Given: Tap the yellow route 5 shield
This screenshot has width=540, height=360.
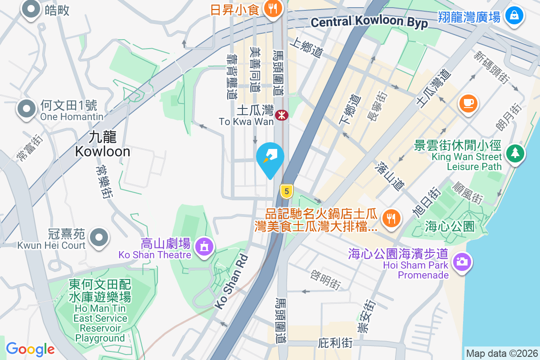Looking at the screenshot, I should pyautogui.click(x=286, y=191).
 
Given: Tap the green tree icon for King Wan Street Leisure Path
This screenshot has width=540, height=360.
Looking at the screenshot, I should pyautogui.click(x=514, y=153).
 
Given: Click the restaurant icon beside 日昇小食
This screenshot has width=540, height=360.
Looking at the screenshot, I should pyautogui.click(x=272, y=8).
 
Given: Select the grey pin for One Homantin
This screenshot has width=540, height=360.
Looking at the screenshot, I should pyautogui.click(x=27, y=109).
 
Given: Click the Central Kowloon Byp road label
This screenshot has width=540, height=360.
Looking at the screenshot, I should pyautogui.click(x=369, y=22).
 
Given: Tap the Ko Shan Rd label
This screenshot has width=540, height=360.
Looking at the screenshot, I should pyautogui.click(x=232, y=282).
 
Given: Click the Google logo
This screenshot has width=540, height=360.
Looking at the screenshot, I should pyautogui.click(x=30, y=349).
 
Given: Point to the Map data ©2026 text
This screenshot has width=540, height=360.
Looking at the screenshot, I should pyautogui.click(x=502, y=353).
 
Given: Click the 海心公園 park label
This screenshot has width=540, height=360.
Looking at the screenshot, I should pyautogui.click(x=450, y=226).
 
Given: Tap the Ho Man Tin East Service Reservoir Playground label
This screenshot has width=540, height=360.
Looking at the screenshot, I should pyautogui.click(x=100, y=310).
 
